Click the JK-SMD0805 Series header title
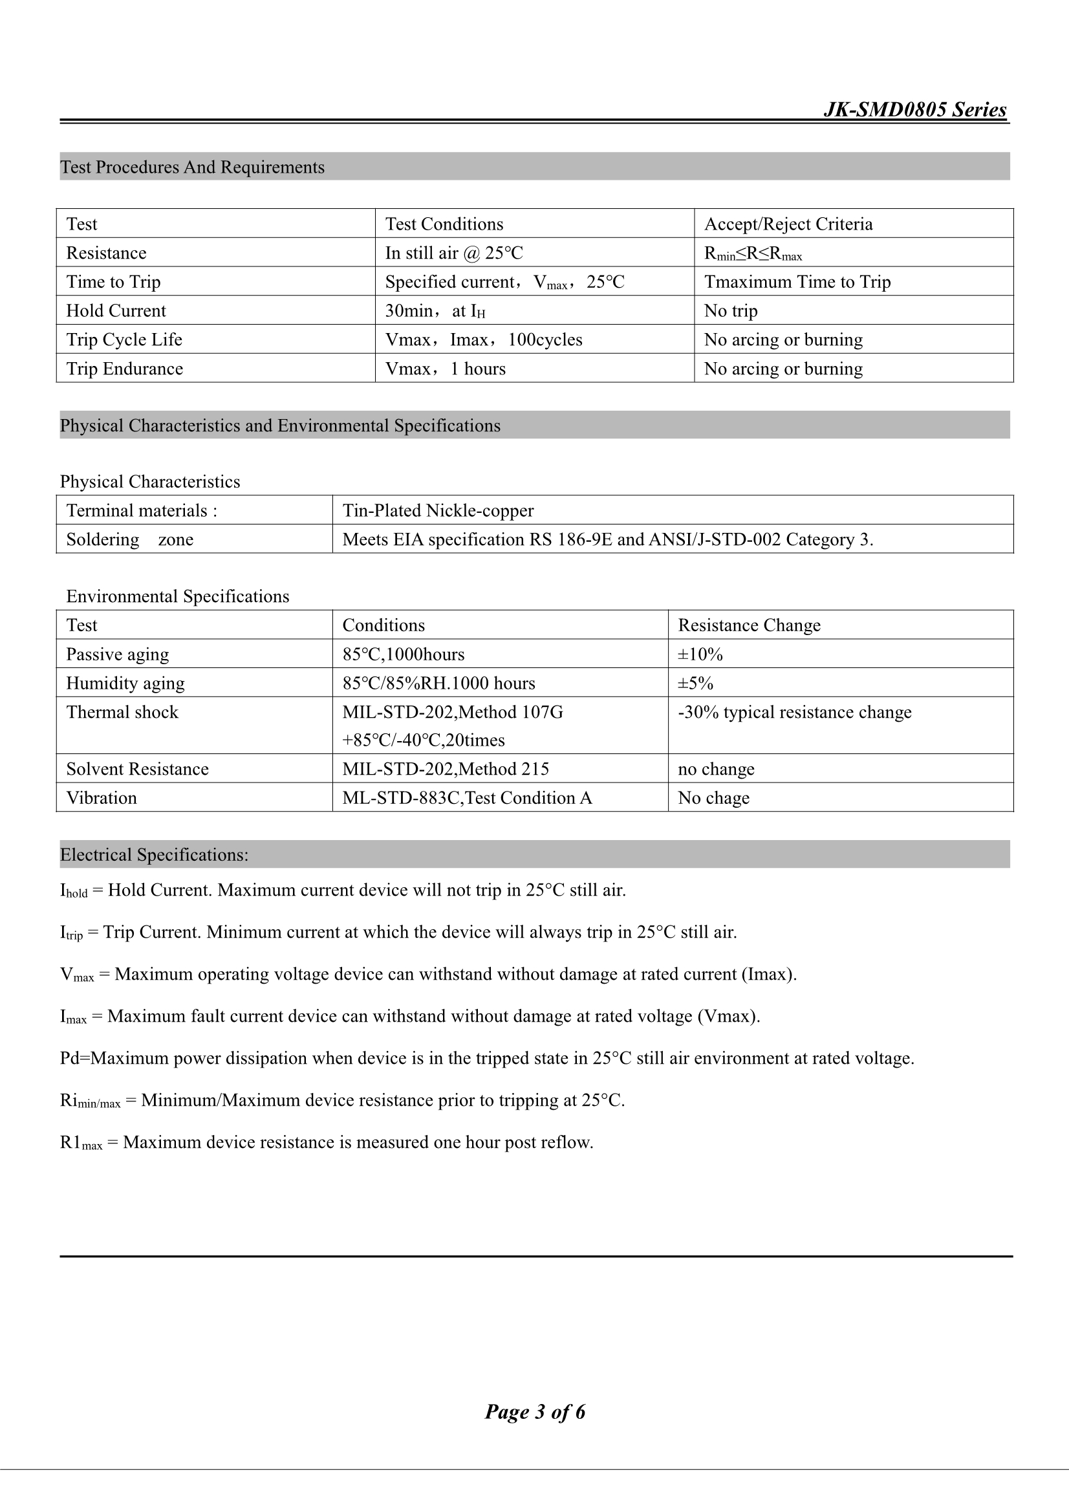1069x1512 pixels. click(x=914, y=109)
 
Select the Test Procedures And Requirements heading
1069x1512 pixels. click(x=192, y=167)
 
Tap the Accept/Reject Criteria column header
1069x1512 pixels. click(x=788, y=224)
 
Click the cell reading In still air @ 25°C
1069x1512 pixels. click(x=454, y=253)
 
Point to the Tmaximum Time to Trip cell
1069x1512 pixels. click(x=797, y=282)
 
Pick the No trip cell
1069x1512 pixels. click(x=730, y=311)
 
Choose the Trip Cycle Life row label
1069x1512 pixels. click(x=124, y=340)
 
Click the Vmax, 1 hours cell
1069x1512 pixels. click(x=445, y=369)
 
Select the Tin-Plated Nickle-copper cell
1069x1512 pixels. click(x=438, y=510)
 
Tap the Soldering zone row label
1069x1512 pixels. click(x=130, y=539)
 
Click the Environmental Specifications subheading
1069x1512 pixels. click(x=178, y=596)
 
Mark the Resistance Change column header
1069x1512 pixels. click(x=749, y=625)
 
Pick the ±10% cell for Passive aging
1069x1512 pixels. click(x=700, y=654)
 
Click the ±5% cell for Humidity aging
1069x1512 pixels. click(x=696, y=683)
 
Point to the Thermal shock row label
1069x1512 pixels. click(x=122, y=712)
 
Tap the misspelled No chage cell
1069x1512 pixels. click(x=713, y=798)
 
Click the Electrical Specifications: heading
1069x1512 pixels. click(x=154, y=855)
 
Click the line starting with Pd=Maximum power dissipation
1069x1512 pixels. click(x=487, y=1058)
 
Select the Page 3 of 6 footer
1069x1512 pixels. click(x=535, y=1412)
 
